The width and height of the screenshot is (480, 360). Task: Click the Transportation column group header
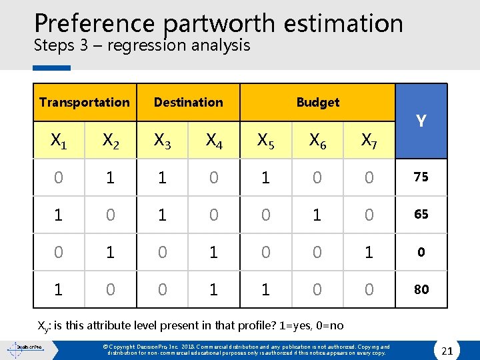click(84, 102)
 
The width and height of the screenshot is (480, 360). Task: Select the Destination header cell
click(188, 102)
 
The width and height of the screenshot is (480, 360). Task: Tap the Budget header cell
click(317, 102)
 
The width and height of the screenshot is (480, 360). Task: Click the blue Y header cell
click(421, 121)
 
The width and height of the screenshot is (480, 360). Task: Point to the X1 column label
click(59, 140)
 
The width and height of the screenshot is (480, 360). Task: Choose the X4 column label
click(214, 140)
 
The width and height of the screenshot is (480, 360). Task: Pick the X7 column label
click(369, 140)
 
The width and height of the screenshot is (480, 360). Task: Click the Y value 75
click(421, 177)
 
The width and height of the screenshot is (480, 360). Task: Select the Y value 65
click(421, 215)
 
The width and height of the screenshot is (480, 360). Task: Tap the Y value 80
click(421, 289)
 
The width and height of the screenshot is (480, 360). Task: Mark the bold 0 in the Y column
click(421, 252)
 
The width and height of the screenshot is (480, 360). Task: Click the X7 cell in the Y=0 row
click(369, 252)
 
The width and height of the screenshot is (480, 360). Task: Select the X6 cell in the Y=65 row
click(317, 215)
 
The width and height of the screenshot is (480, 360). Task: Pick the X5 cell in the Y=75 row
click(265, 177)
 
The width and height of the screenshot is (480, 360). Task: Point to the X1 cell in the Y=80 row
click(59, 289)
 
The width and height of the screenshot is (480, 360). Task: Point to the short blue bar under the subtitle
click(52, 67)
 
